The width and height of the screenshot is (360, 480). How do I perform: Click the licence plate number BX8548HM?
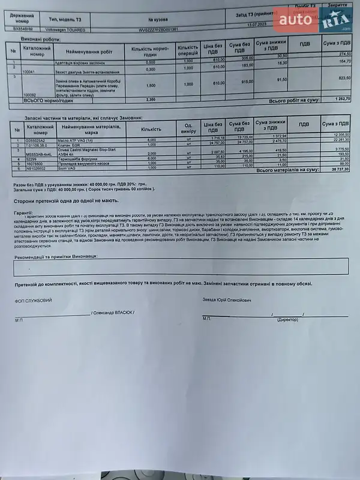tap(23, 28)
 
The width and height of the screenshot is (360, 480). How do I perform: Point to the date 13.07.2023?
tap(256, 25)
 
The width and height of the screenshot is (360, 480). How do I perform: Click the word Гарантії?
tap(25, 212)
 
